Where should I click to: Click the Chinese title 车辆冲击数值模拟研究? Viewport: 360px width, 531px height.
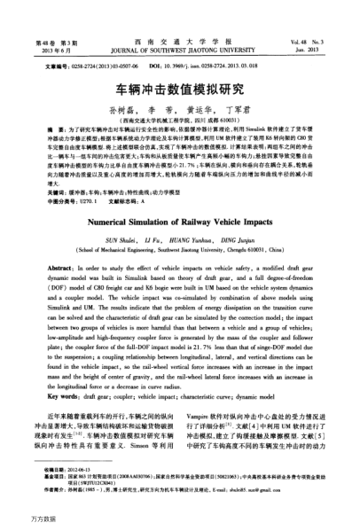pos(180,90)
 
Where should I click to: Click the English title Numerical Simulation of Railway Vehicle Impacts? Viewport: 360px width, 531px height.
pos(180,200)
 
